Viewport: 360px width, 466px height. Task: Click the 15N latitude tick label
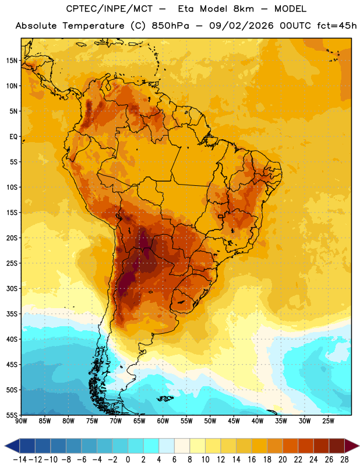click(x=12, y=61)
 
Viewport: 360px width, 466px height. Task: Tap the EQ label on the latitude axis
click(x=13, y=137)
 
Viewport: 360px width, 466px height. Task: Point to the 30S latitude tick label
click(x=12, y=288)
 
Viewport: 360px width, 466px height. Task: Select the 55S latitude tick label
click(x=12, y=415)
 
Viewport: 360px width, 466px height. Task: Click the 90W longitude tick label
click(x=21, y=421)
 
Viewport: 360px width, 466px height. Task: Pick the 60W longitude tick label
click(x=163, y=421)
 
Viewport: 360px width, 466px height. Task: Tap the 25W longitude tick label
click(x=328, y=421)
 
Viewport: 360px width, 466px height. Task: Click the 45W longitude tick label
click(x=234, y=421)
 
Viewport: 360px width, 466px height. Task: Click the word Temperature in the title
click(x=93, y=26)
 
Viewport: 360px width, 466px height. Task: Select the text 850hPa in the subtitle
click(x=170, y=26)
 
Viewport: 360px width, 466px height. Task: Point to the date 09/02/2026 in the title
click(x=241, y=26)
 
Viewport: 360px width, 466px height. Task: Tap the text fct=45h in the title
click(x=337, y=26)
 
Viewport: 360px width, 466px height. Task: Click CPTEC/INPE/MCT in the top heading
click(x=110, y=9)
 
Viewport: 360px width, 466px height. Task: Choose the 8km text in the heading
click(x=243, y=9)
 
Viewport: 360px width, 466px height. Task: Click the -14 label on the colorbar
click(x=20, y=460)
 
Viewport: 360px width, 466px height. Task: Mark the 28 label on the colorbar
click(x=344, y=460)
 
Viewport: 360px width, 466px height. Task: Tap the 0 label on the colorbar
click(x=128, y=460)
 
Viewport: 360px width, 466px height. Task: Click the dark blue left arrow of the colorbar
click(x=12, y=446)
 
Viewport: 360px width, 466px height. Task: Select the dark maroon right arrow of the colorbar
click(x=352, y=446)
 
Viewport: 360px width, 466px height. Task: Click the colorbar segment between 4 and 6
click(x=167, y=446)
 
